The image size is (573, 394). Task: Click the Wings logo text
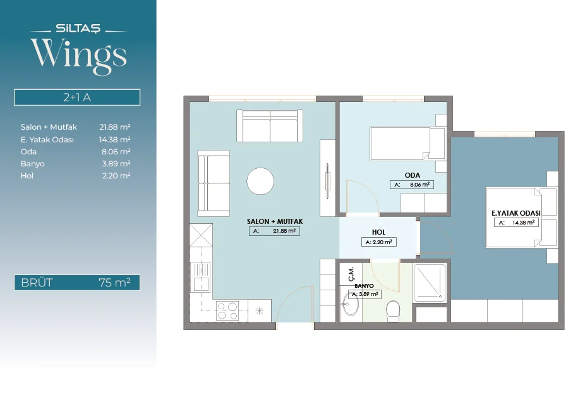pos(78,56)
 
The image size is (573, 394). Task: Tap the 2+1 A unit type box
pos(77,97)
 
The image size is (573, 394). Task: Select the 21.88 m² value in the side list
pos(115,127)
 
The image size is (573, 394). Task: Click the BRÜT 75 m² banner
pos(77,283)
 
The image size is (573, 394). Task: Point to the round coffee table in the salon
pos(260,181)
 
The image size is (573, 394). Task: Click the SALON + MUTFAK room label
pos(275,221)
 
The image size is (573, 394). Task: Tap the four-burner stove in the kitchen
pos(227,311)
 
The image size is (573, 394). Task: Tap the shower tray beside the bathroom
pos(430,283)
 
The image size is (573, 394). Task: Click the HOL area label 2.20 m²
pos(378,242)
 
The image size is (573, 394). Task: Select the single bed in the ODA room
pos(407,144)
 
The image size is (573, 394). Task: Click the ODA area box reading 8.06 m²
pos(412,185)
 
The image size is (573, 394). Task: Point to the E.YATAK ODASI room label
pos(516,213)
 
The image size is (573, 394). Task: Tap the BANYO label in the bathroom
pos(364,286)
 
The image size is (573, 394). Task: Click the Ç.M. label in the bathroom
pos(351,274)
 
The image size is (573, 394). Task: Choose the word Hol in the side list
pos(27,176)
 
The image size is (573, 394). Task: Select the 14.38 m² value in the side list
pos(115,139)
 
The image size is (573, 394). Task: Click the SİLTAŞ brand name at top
pos(78,28)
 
